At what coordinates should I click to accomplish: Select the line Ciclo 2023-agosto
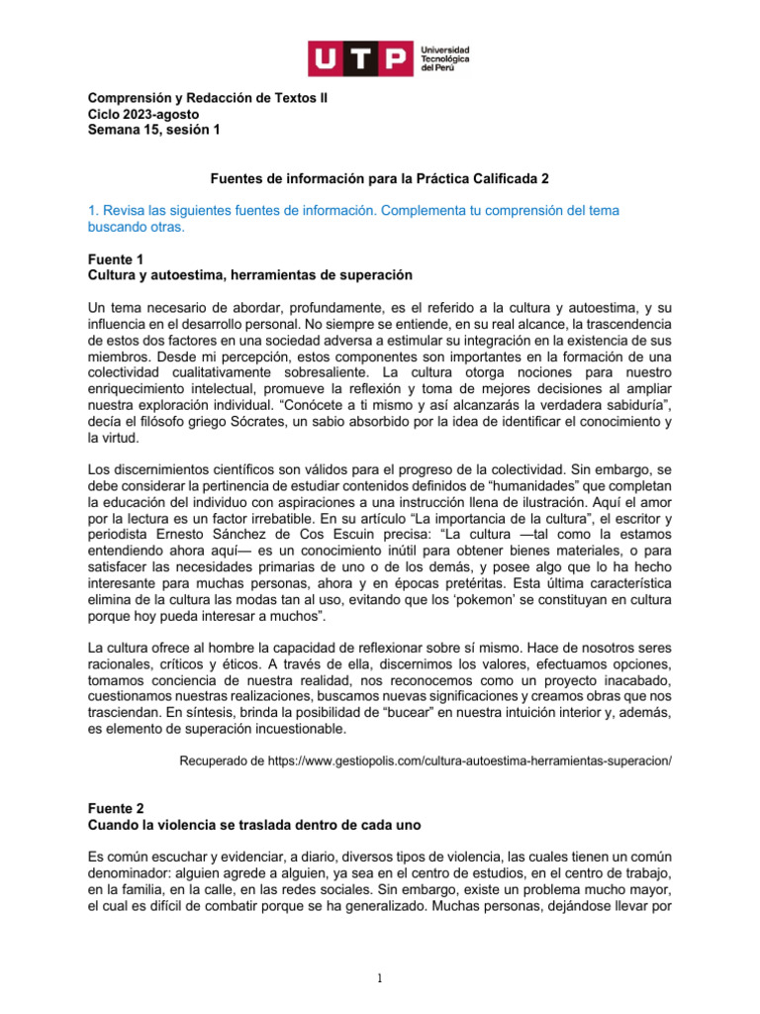click(143, 114)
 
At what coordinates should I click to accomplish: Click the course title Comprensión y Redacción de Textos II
click(209, 99)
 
